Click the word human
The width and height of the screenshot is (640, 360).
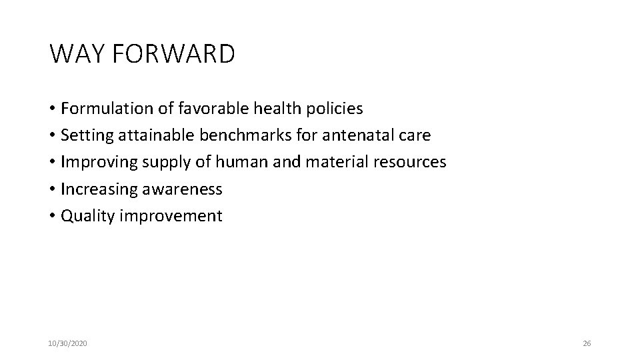tap(235, 162)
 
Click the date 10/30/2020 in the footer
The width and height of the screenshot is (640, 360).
tap(67, 343)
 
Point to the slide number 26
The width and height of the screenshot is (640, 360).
tap(587, 343)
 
